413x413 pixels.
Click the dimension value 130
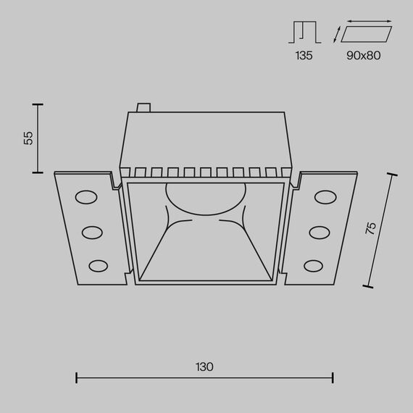pos(204,367)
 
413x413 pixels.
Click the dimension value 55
pos(28,138)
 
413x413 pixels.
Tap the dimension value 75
pos(370,228)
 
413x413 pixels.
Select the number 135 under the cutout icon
pos(304,55)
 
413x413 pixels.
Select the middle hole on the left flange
pos(92,232)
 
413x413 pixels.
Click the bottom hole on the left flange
pos(96,265)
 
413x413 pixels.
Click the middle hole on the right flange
pos(320,232)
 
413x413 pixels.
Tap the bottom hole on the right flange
pos(315,265)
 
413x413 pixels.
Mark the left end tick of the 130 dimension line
pos(77,377)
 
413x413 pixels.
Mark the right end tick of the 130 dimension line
pos(333,377)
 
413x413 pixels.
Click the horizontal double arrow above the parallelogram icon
pos(366,22)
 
